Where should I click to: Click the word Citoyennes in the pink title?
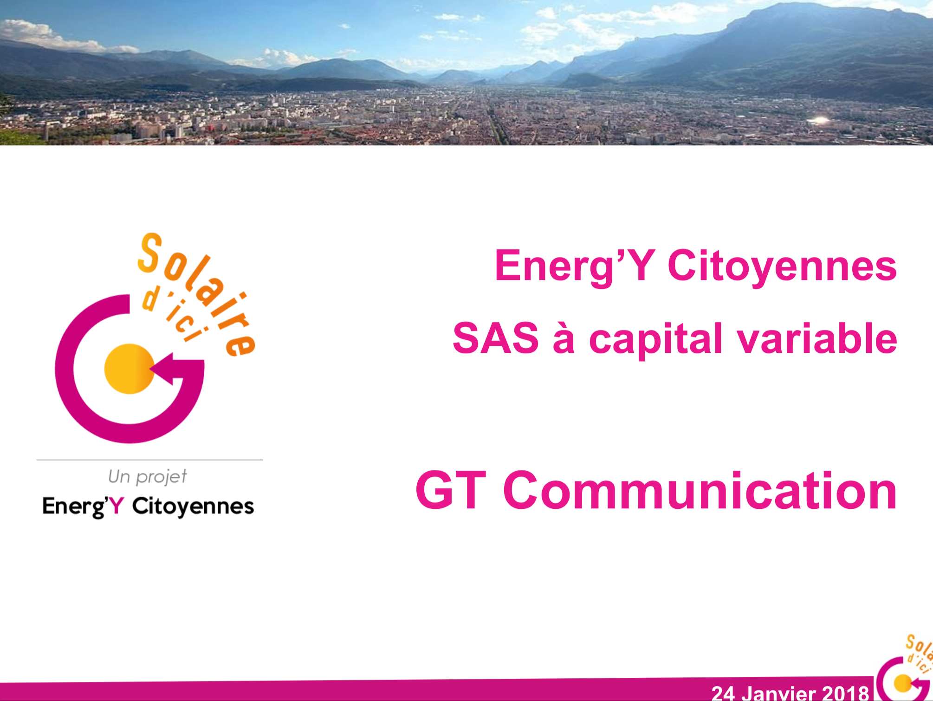782,266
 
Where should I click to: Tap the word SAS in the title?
496,338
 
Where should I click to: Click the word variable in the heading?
817,338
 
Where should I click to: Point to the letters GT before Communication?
451,490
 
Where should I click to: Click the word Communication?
700,490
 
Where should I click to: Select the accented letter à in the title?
564,338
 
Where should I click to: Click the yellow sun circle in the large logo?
129,369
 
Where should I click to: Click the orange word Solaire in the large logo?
197,295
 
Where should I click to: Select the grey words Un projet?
147,477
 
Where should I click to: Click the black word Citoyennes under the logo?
193,506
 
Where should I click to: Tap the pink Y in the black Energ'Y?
116,506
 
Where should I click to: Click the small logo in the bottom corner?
904,669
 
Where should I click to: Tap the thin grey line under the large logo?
150,460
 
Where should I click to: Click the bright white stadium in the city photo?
819,121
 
